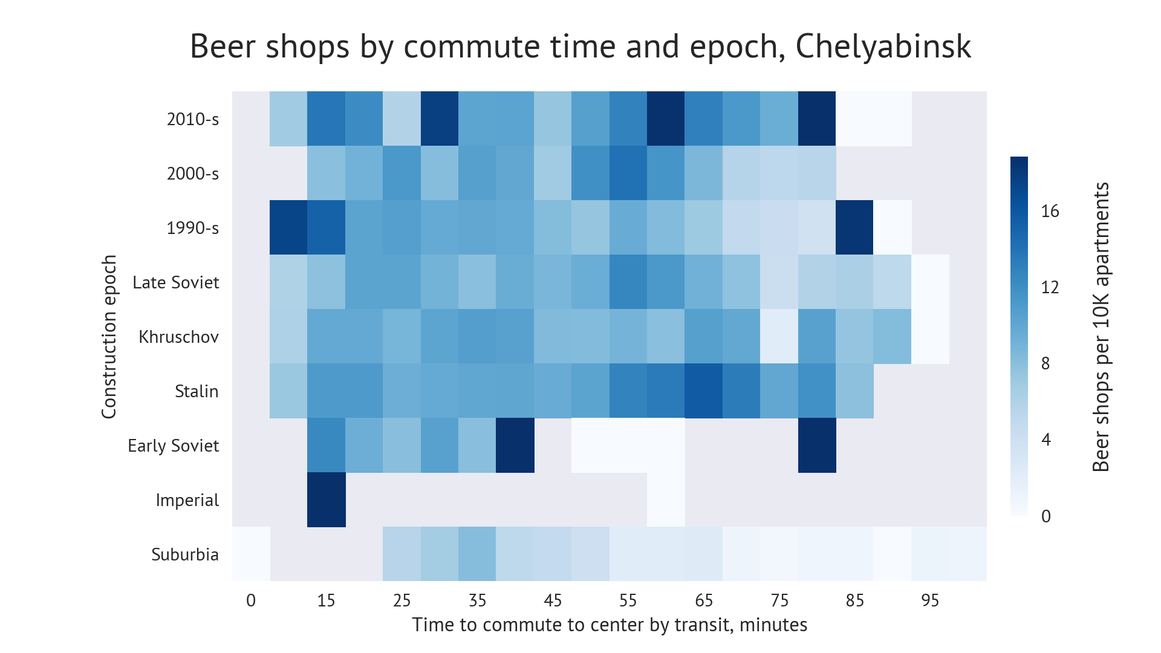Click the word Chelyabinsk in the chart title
(x=883, y=47)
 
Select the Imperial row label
(x=187, y=500)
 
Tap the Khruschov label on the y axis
(x=178, y=337)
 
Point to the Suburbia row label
(x=184, y=554)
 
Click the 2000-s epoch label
(x=192, y=174)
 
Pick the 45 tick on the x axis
(x=553, y=600)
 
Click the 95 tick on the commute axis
(x=930, y=600)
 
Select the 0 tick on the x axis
(x=251, y=600)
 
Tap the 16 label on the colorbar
(x=1050, y=211)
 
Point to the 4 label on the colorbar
(x=1046, y=440)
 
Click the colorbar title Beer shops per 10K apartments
(x=1101, y=326)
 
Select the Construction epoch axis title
(x=109, y=337)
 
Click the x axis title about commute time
(x=610, y=625)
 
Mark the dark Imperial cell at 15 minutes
(x=327, y=500)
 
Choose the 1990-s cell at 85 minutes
(x=855, y=228)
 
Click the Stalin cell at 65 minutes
(x=704, y=391)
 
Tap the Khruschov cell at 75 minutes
(x=779, y=337)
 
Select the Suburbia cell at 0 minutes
(x=251, y=554)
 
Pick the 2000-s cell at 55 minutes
(x=628, y=174)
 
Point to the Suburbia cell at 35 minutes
(x=477, y=554)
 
